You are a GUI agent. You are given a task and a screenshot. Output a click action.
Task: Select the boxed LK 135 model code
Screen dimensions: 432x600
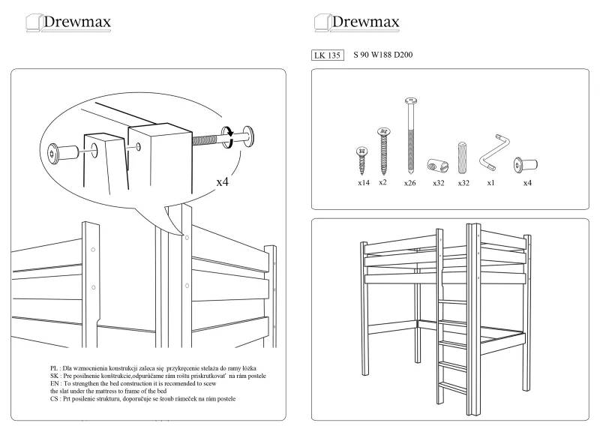tap(326, 55)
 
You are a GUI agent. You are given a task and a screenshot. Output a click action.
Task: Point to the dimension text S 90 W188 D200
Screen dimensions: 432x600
tap(383, 55)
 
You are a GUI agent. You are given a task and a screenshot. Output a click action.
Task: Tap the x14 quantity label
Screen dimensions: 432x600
tap(364, 182)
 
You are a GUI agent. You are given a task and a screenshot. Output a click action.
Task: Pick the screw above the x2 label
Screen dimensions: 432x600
tap(383, 150)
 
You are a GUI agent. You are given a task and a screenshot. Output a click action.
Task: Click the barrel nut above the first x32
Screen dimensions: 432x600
tap(436, 164)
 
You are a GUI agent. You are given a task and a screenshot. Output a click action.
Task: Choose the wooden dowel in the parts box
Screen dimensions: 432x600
tap(463, 157)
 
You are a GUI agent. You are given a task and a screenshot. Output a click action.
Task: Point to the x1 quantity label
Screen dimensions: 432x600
tap(490, 183)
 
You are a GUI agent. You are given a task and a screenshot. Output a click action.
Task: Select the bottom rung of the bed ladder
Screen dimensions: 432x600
tap(451, 385)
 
